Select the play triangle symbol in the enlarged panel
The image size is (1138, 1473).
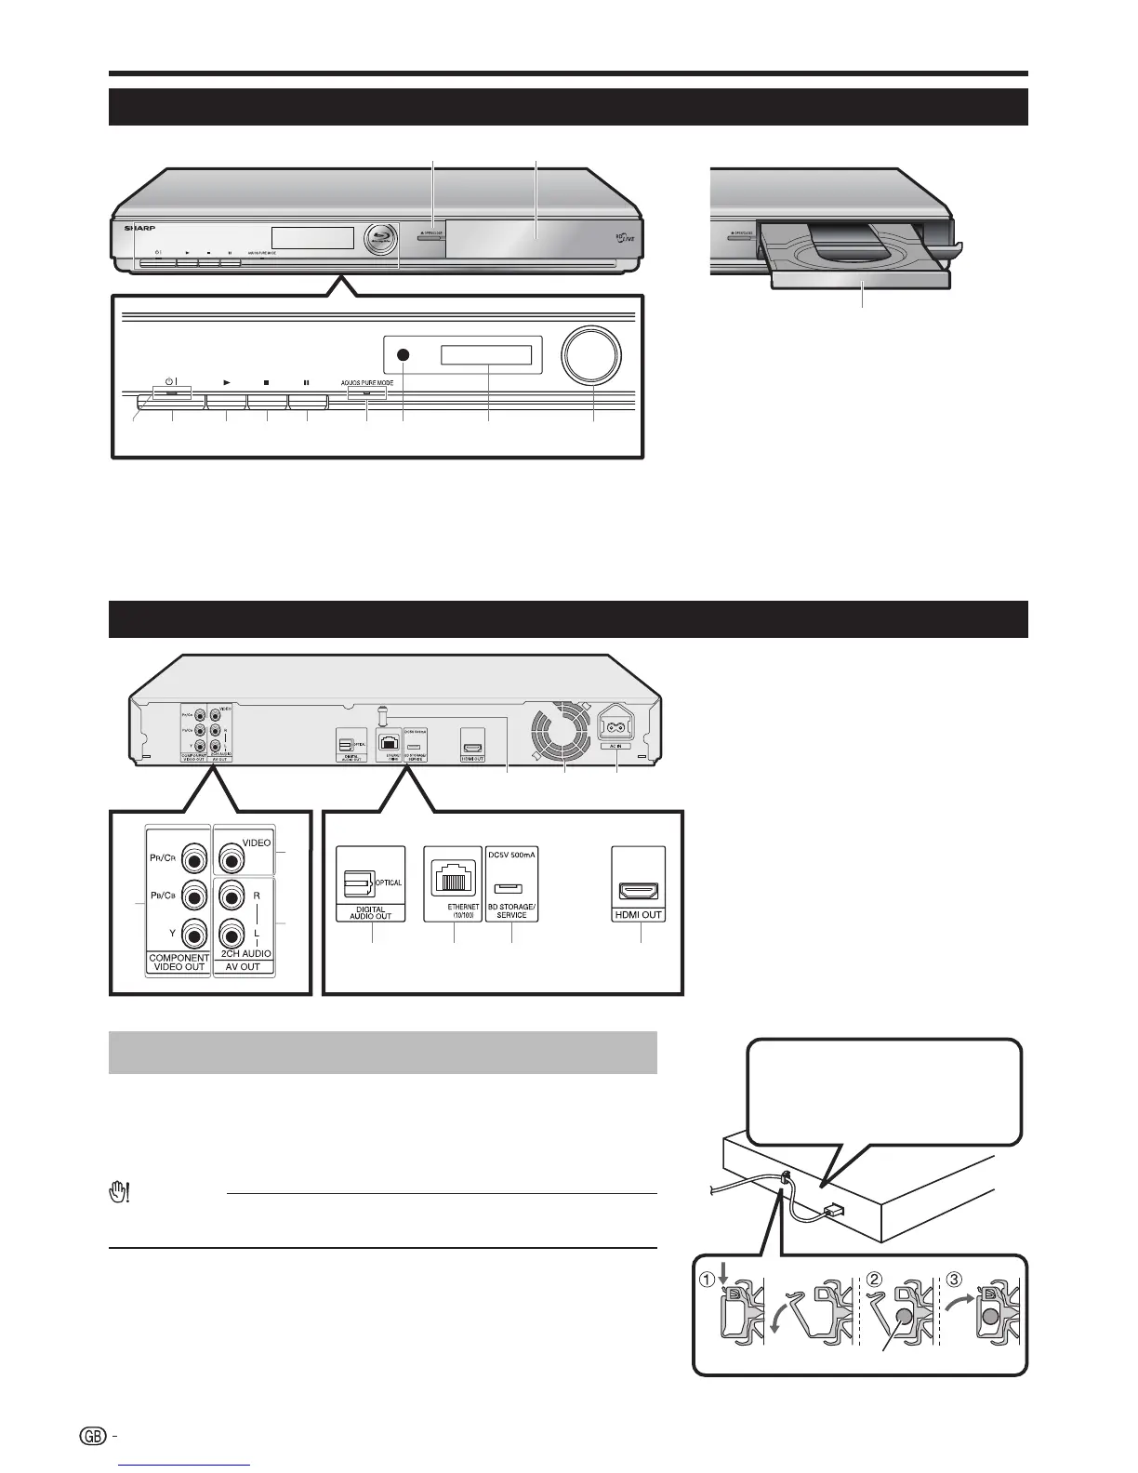[x=226, y=381]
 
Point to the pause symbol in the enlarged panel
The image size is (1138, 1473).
[x=307, y=381]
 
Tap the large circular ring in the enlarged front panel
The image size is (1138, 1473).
[x=592, y=354]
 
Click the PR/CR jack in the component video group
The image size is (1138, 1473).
[x=193, y=856]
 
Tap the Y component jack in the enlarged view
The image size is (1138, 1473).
[x=193, y=931]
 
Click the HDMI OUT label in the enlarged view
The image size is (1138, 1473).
[x=639, y=915]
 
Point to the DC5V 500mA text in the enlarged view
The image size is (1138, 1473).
[x=511, y=856]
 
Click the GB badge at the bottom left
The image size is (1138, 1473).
[x=94, y=1437]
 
